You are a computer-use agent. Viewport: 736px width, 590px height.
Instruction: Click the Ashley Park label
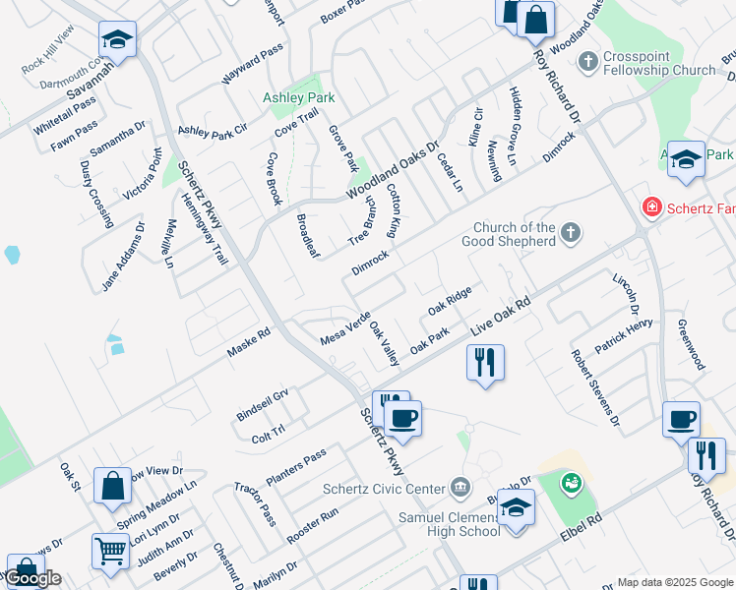click(298, 98)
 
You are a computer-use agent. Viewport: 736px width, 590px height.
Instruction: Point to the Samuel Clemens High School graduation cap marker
click(515, 508)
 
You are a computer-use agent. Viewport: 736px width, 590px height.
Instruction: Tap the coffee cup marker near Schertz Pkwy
click(402, 419)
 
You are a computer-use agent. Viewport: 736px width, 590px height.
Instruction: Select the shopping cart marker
click(111, 552)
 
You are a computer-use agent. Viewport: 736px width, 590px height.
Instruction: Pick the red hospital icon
click(650, 206)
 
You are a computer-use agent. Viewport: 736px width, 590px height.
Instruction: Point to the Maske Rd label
click(248, 342)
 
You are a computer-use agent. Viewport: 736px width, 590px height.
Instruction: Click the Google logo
click(31, 577)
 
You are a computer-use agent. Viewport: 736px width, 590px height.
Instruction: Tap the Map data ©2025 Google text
click(673, 582)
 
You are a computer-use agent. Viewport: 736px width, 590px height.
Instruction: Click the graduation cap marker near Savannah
click(117, 40)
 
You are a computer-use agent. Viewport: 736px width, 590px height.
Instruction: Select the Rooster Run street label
click(312, 527)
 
